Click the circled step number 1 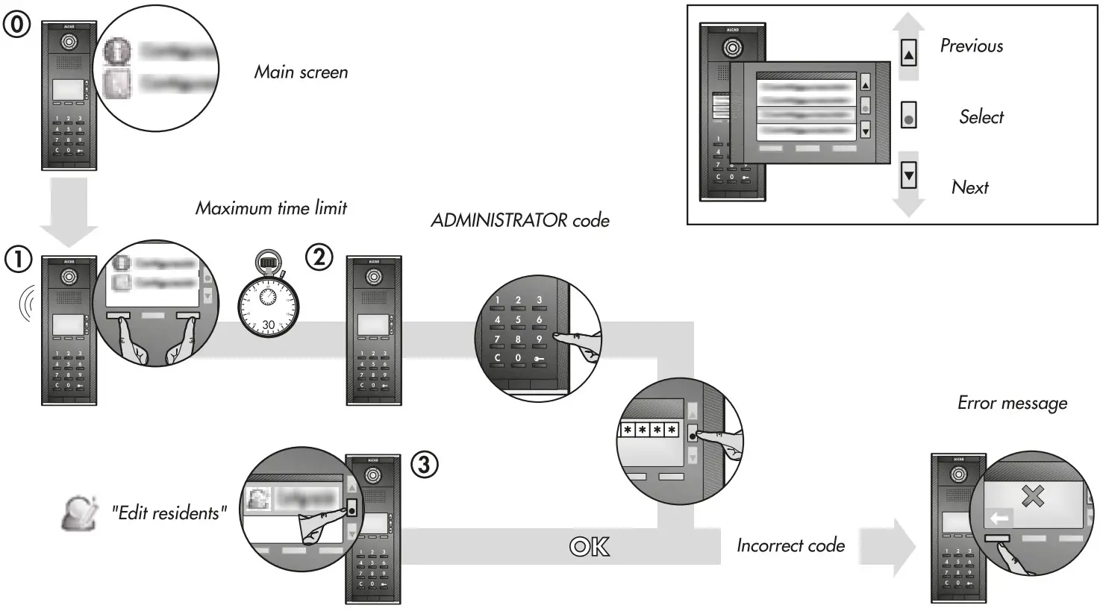[18, 260]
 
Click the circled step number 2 [319, 257]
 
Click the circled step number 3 [424, 465]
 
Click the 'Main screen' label [301, 72]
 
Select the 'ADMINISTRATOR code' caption [520, 221]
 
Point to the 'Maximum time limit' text [271, 208]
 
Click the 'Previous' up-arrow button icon [908, 54]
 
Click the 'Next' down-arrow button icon [908, 177]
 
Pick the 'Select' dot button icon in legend [908, 117]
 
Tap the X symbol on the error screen [1032, 496]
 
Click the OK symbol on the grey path [589, 547]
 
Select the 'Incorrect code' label [790, 546]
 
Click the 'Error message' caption [1012, 404]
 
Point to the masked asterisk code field [649, 430]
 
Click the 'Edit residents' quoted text [169, 513]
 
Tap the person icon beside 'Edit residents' [79, 513]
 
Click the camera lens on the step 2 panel [374, 278]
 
